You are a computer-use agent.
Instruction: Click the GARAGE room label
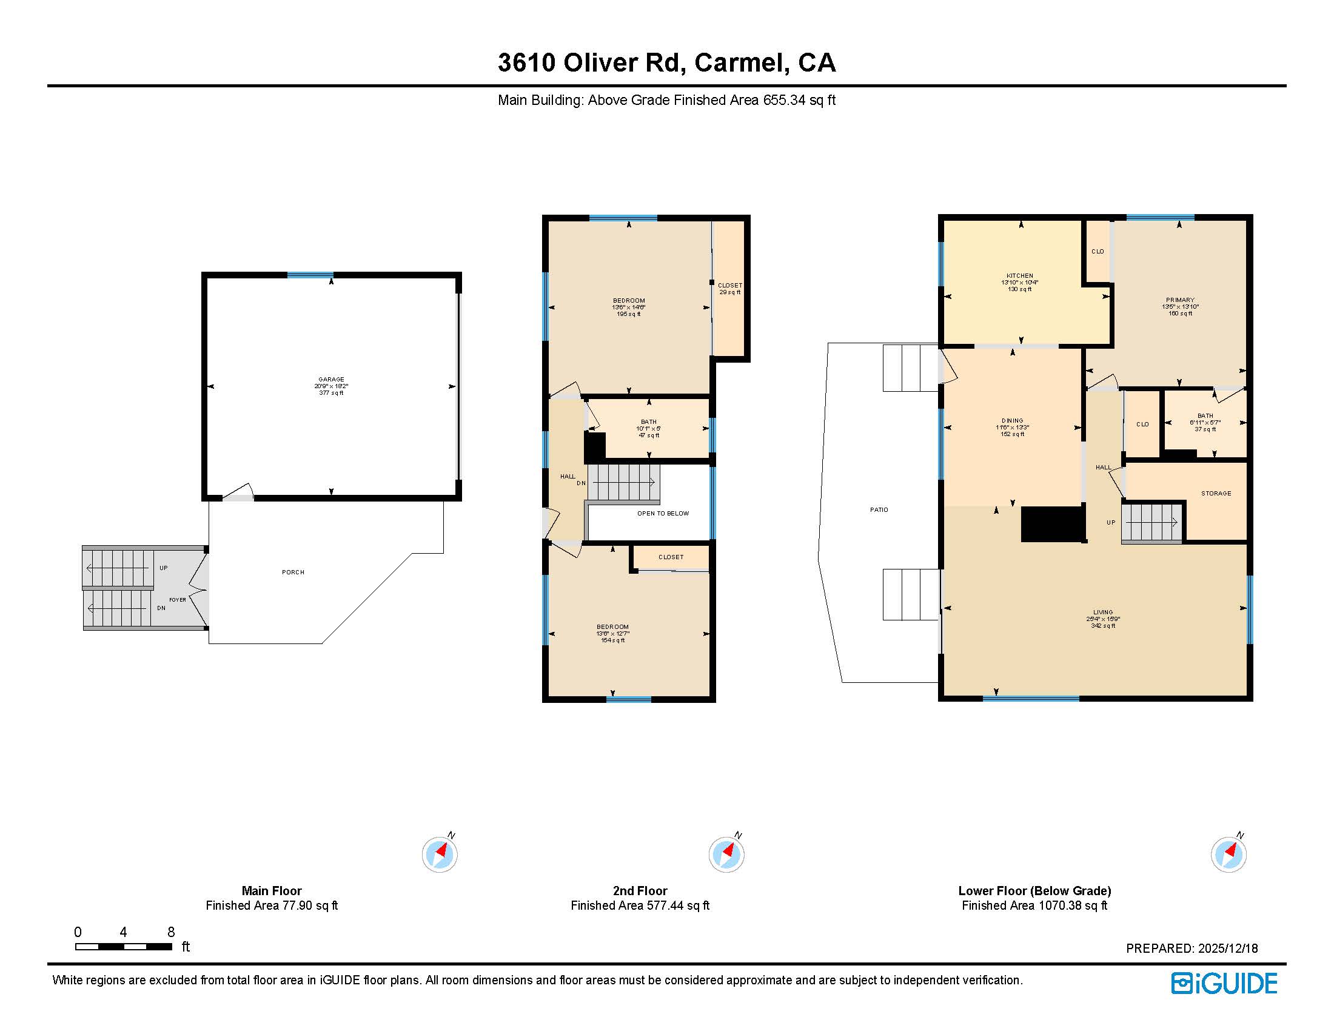(x=331, y=379)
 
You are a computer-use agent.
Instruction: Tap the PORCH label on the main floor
(x=293, y=573)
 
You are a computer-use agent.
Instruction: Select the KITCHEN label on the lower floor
(x=1019, y=276)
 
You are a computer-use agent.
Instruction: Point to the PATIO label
(x=879, y=509)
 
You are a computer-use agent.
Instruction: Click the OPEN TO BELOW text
(x=663, y=513)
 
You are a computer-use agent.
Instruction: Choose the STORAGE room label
(x=1216, y=493)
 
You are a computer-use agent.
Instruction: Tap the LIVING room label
(x=1102, y=612)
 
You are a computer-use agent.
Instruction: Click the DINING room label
(x=1012, y=420)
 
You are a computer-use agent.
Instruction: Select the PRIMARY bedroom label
(x=1179, y=300)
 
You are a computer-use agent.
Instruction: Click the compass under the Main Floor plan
(x=439, y=854)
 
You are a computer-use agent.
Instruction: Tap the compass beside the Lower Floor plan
(x=1228, y=854)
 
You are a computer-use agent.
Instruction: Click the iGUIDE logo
(x=1224, y=983)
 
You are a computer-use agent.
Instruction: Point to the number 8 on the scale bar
(x=171, y=932)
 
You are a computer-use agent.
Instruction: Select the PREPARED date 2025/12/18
(x=1227, y=949)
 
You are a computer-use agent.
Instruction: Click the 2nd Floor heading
(x=640, y=890)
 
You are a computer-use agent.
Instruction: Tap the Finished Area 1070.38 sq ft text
(x=1034, y=905)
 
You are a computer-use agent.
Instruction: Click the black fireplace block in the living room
(x=1053, y=524)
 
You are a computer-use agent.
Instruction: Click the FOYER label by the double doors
(x=178, y=600)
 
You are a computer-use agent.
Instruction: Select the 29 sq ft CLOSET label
(x=730, y=289)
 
